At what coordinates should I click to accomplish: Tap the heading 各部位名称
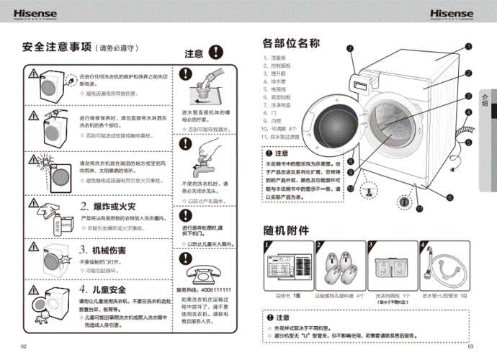point(291,42)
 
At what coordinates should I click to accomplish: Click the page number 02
point(23,346)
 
